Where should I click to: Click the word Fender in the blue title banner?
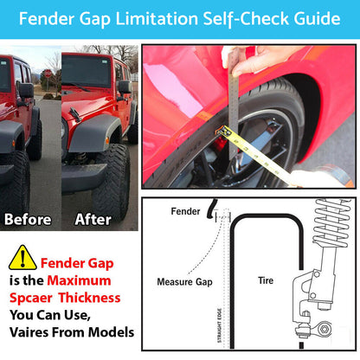(47, 18)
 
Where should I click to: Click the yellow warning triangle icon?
(22, 258)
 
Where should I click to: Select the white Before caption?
(28, 220)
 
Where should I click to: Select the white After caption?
(93, 220)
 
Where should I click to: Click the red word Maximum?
(79, 280)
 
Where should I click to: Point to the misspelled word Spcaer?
(31, 299)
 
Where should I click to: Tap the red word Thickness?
(90, 298)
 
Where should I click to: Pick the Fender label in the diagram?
(185, 211)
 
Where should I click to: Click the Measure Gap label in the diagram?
(184, 281)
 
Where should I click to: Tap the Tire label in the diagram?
(266, 280)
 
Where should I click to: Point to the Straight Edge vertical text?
(219, 325)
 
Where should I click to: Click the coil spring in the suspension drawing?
(331, 222)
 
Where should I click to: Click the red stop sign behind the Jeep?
(48, 74)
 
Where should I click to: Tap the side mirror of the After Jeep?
(125, 87)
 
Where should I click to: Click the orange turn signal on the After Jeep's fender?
(107, 140)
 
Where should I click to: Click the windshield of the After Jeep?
(87, 71)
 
